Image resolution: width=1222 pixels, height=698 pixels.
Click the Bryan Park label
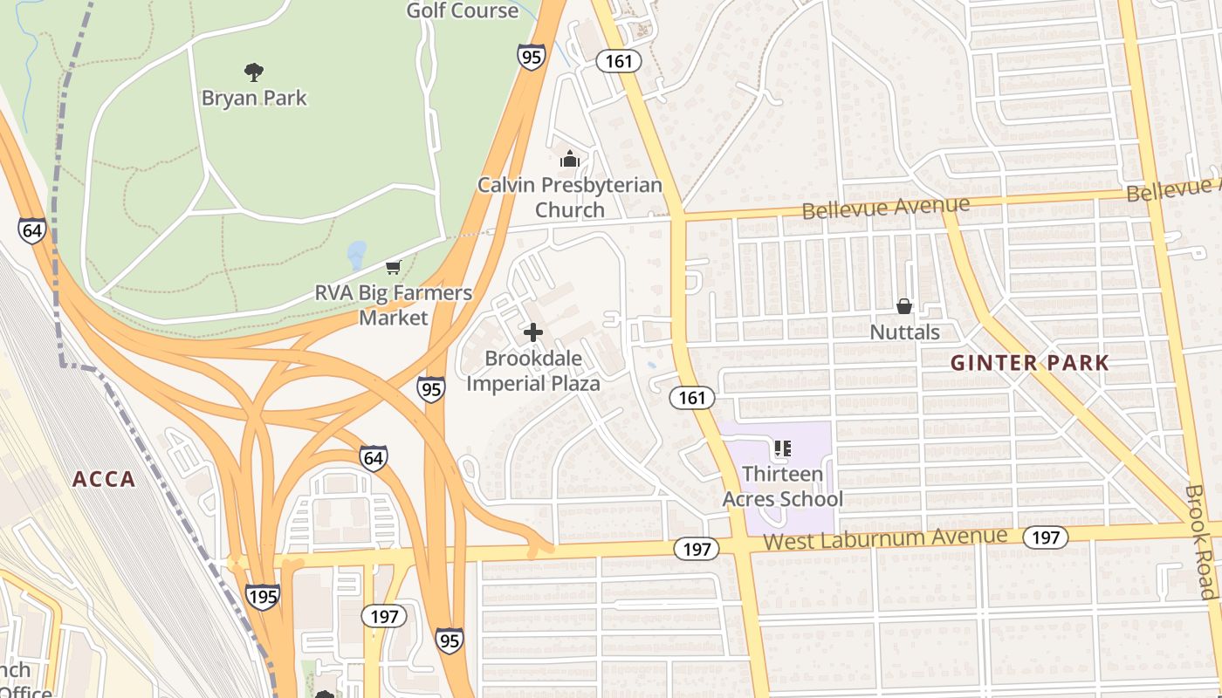pyautogui.click(x=254, y=97)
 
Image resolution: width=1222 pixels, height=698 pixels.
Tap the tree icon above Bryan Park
pyautogui.click(x=254, y=72)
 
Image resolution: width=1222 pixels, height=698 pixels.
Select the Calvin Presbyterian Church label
pyautogui.click(x=569, y=197)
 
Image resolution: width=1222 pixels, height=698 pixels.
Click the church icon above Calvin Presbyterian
pyautogui.click(x=570, y=159)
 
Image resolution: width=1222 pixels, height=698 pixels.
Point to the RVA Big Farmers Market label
pyautogui.click(x=394, y=305)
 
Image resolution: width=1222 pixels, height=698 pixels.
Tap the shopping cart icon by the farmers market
pyautogui.click(x=394, y=267)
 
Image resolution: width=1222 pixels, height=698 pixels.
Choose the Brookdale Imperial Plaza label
pyautogui.click(x=533, y=371)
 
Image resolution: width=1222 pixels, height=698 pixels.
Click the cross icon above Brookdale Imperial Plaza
pyautogui.click(x=532, y=332)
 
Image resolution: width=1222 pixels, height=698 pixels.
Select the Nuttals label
pyautogui.click(x=904, y=332)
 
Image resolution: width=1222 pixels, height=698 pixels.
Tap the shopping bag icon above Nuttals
pyautogui.click(x=904, y=306)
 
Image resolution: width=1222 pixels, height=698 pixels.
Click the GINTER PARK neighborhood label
pyautogui.click(x=1029, y=363)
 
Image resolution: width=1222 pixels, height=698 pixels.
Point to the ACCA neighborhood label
pyautogui.click(x=104, y=479)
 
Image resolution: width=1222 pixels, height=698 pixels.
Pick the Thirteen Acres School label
pyautogui.click(x=782, y=487)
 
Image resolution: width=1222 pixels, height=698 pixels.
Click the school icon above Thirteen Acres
pyautogui.click(x=782, y=449)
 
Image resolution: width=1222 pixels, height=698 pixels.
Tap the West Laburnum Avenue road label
pyautogui.click(x=885, y=538)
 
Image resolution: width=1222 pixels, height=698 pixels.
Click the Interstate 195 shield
pyautogui.click(x=263, y=597)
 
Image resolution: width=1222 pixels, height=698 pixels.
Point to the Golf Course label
pyautogui.click(x=463, y=10)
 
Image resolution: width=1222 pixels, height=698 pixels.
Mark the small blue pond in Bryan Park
pyautogui.click(x=356, y=255)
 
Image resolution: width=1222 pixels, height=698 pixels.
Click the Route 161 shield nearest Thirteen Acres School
pyautogui.click(x=692, y=398)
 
